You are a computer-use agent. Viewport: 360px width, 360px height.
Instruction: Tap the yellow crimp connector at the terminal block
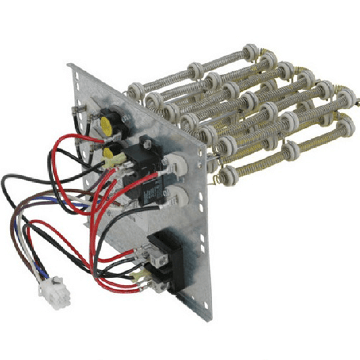click(x=139, y=276)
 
